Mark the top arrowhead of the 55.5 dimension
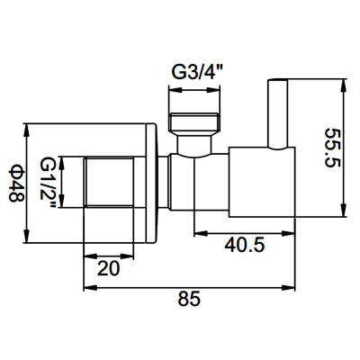[x=343, y=85]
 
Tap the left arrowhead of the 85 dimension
[x=88, y=289]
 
